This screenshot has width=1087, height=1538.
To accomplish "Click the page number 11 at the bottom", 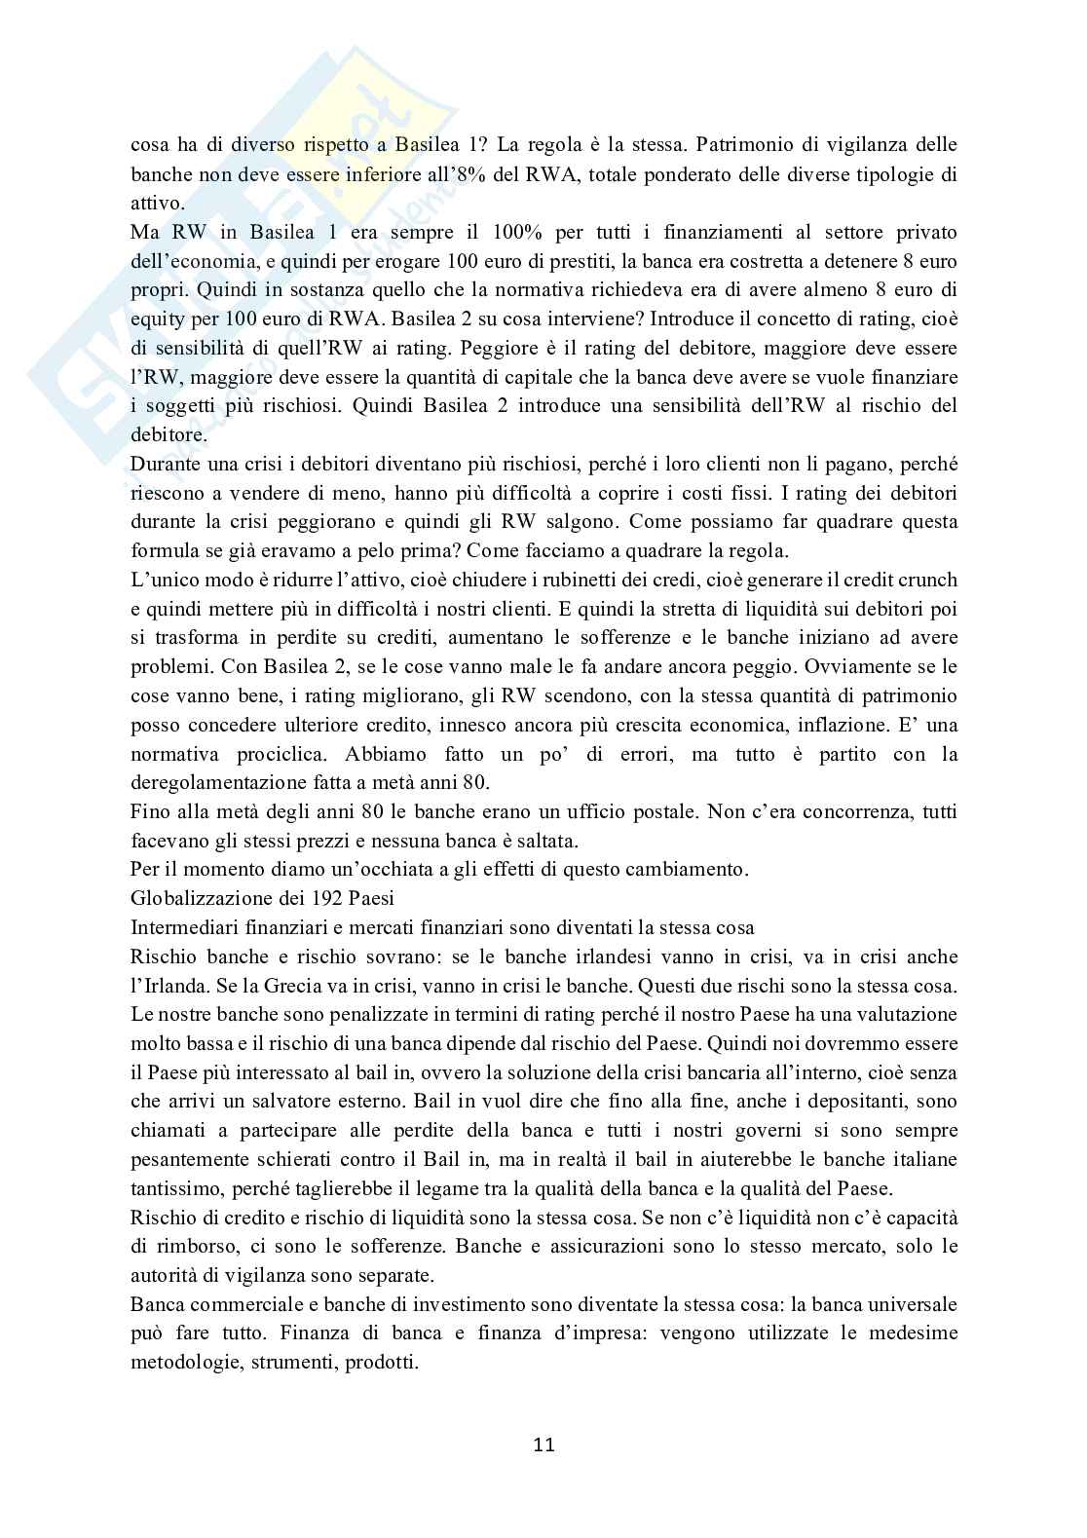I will point(543,1444).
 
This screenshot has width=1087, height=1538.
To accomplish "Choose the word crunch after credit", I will point(925,580).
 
